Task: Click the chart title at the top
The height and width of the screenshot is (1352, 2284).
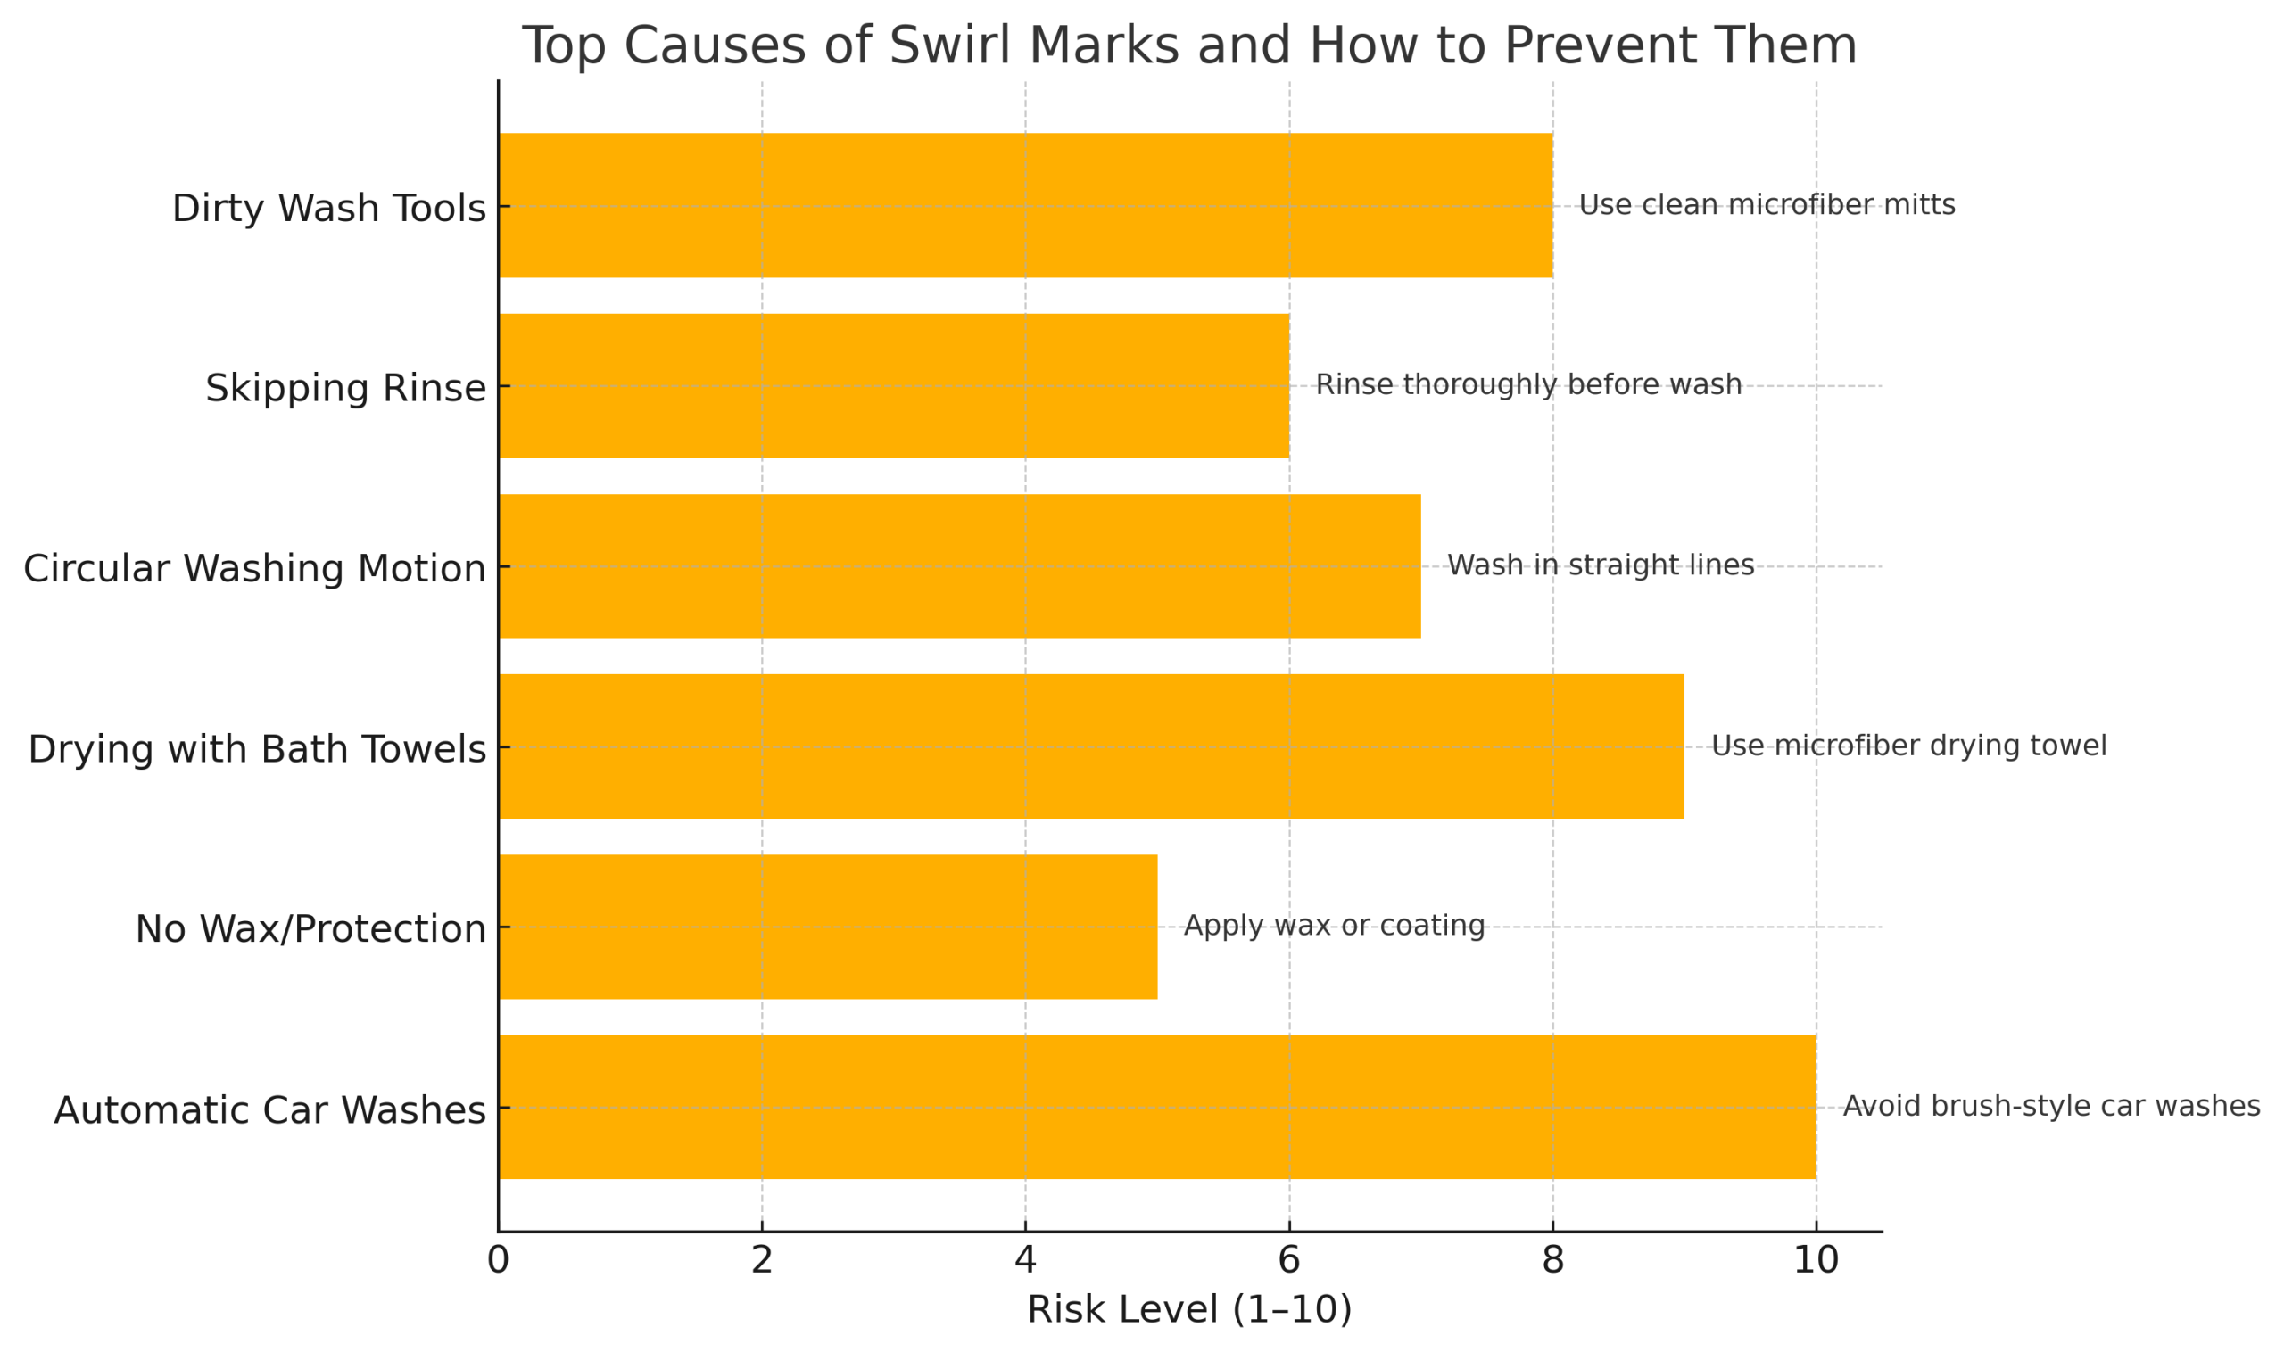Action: pyautogui.click(x=1188, y=45)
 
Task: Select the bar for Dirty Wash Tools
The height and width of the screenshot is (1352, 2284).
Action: pyautogui.click(x=1025, y=206)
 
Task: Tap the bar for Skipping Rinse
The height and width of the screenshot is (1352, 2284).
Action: pyautogui.click(x=893, y=386)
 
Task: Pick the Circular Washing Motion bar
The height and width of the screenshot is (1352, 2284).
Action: pyautogui.click(x=959, y=566)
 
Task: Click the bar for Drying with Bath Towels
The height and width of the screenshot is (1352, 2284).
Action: pyautogui.click(x=1091, y=747)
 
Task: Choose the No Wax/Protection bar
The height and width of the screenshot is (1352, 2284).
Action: pyautogui.click(x=828, y=927)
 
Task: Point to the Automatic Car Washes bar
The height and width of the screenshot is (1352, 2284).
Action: pyautogui.click(x=1156, y=1108)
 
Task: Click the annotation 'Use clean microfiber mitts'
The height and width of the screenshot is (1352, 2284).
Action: pyautogui.click(x=1767, y=205)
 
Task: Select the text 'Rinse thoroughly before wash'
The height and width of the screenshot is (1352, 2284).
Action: pyautogui.click(x=1527, y=385)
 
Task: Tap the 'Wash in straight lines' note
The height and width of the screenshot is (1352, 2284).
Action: pyautogui.click(x=1600, y=565)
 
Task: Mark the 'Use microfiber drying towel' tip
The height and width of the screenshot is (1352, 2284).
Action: pyautogui.click(x=1908, y=746)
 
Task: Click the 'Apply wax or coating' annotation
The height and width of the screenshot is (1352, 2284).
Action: pyautogui.click(x=1334, y=926)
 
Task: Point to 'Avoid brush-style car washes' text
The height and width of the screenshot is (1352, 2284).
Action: pyautogui.click(x=2050, y=1107)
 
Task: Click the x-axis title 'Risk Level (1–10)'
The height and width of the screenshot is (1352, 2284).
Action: pyautogui.click(x=1188, y=1310)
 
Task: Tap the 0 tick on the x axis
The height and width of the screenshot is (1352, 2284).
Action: pyautogui.click(x=498, y=1261)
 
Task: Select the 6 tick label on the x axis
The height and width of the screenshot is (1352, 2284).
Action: pyautogui.click(x=1287, y=1261)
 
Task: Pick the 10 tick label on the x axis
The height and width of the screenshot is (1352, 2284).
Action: pyautogui.click(x=1815, y=1261)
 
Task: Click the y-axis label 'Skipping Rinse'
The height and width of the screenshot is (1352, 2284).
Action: pyautogui.click(x=344, y=388)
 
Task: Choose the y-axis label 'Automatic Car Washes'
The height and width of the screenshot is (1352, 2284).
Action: pyautogui.click(x=269, y=1110)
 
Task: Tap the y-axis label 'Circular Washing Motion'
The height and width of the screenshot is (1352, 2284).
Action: pyautogui.click(x=253, y=568)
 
